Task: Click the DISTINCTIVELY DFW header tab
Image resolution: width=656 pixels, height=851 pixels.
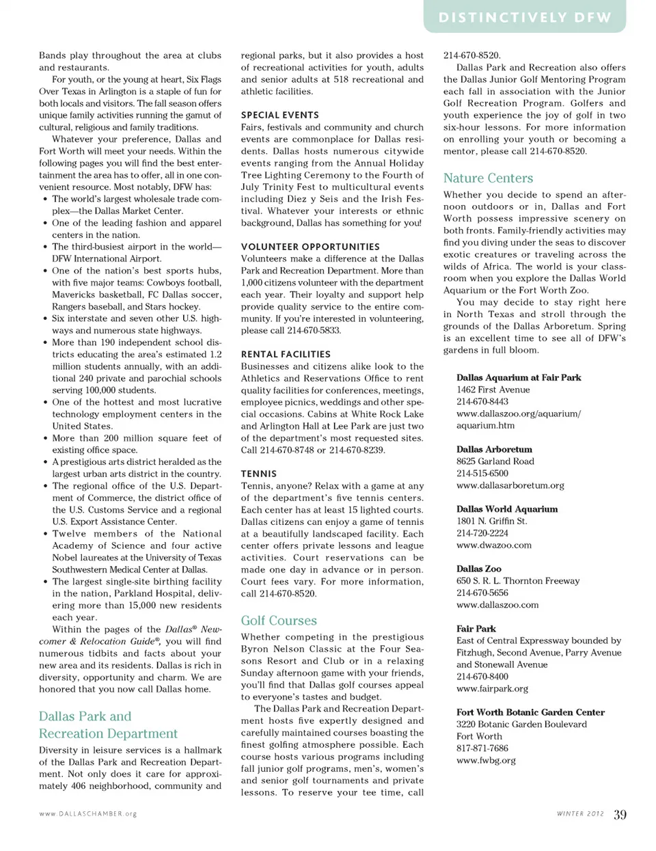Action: point(525,18)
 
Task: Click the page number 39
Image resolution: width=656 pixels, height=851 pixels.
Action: point(620,814)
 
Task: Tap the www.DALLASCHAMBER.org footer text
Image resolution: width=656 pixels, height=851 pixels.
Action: point(88,814)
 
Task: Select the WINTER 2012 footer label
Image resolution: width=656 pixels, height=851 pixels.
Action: point(580,814)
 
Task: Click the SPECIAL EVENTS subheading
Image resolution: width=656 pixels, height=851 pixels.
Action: point(279,115)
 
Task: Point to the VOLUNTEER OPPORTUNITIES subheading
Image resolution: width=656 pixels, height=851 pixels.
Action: point(310,247)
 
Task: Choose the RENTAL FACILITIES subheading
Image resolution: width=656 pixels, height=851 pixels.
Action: point(286,354)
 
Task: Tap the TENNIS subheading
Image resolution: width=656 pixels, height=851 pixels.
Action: point(259,474)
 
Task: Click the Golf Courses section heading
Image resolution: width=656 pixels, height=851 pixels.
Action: point(279,621)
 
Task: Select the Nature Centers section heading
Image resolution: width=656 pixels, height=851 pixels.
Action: point(488,178)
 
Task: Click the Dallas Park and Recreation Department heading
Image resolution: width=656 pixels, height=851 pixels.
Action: point(108,725)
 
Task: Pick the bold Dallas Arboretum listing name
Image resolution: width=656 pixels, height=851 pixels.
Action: point(494,450)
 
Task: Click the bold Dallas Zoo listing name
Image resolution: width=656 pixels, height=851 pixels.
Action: point(478,569)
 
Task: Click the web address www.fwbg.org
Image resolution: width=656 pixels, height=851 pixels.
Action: point(486,760)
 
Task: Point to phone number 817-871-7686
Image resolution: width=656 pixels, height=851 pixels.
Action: point(482,748)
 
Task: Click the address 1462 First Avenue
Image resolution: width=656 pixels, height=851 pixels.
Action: point(493,390)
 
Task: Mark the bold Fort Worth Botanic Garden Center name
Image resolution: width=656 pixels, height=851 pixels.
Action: point(530,712)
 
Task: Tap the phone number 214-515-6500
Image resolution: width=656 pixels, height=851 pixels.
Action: point(482,473)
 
